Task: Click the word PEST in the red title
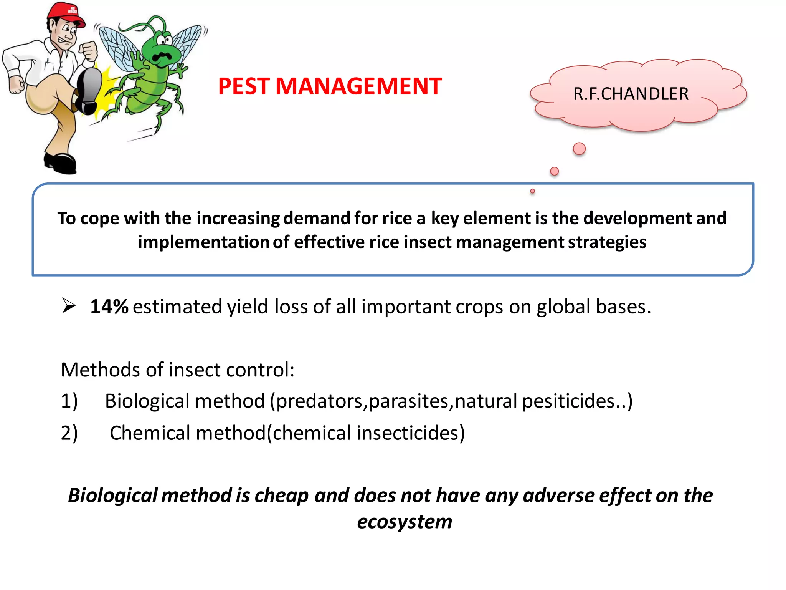[x=244, y=86]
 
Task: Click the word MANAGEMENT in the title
[x=358, y=86]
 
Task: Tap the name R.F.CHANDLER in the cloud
[x=631, y=94]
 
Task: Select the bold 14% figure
[x=109, y=307]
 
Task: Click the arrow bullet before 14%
[x=69, y=306]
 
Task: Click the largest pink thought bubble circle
[x=579, y=149]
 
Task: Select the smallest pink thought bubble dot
[x=532, y=191]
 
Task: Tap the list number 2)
[x=69, y=433]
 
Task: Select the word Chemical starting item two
[x=150, y=433]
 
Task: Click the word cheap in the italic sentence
[x=281, y=496]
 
